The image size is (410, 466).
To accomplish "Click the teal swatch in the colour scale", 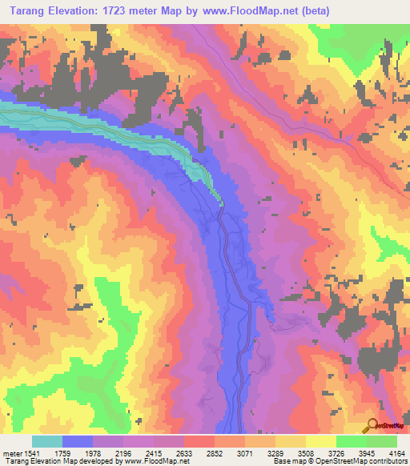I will [x=47, y=441].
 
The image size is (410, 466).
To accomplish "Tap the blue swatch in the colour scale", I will [x=78, y=441].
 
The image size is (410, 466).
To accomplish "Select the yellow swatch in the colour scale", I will [x=321, y=441].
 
